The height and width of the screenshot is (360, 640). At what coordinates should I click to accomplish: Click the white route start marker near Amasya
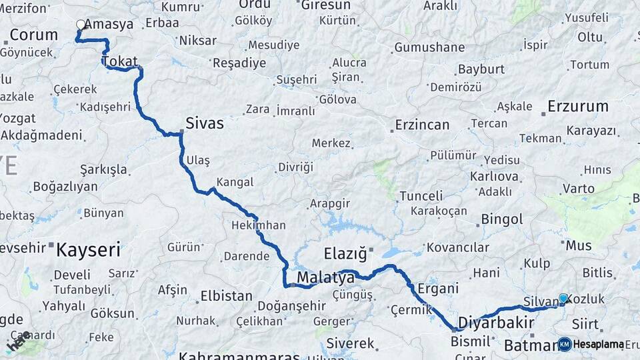(81, 25)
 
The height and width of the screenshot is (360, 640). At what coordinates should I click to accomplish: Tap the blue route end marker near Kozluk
(563, 299)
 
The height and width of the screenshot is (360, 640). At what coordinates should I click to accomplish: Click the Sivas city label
(204, 123)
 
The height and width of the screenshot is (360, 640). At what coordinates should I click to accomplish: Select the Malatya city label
(325, 277)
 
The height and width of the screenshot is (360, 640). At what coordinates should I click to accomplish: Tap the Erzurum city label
(578, 106)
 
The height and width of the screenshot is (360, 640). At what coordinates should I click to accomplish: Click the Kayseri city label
(88, 250)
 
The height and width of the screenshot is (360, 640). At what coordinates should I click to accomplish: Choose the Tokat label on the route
(120, 61)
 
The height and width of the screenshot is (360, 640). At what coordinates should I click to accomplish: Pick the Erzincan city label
(422, 125)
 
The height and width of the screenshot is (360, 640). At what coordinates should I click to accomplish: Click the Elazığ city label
(345, 253)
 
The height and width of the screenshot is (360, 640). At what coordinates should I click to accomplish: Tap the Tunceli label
(421, 196)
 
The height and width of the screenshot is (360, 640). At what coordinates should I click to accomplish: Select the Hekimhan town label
(259, 225)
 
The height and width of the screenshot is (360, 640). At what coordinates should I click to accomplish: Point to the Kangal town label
(235, 182)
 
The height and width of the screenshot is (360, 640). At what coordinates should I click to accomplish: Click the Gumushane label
(429, 47)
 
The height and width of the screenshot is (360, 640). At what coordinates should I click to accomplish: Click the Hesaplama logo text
(599, 344)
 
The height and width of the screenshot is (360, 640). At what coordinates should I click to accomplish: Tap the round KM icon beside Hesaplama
(565, 344)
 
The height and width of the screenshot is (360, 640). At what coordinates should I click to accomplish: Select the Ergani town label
(438, 289)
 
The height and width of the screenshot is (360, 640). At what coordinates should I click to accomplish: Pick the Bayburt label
(481, 69)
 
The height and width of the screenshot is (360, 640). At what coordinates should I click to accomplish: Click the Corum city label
(34, 35)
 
